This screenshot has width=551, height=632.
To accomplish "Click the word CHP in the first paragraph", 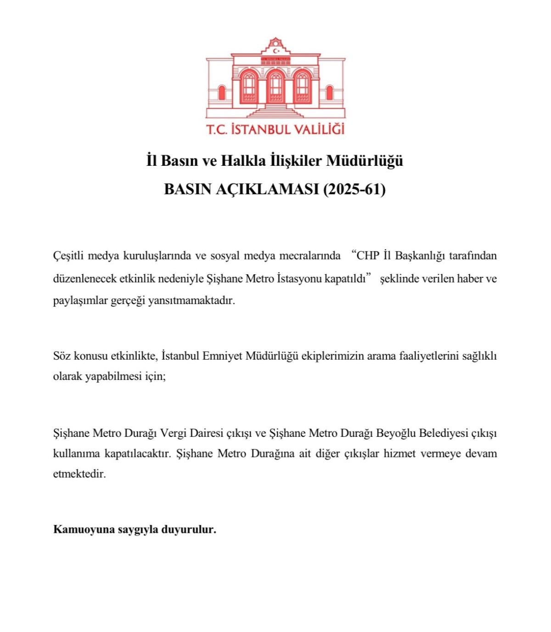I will [368, 256].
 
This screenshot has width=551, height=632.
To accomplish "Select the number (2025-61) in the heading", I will [354, 189].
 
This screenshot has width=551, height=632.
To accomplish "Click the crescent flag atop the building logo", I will [275, 51].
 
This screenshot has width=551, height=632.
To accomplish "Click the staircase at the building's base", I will [275, 111].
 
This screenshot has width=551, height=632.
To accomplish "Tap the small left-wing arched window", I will [222, 93].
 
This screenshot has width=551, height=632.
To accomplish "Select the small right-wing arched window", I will [329, 93].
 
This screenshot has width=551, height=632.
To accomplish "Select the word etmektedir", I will [79, 474].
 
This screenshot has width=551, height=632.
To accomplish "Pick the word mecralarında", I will [308, 256].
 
